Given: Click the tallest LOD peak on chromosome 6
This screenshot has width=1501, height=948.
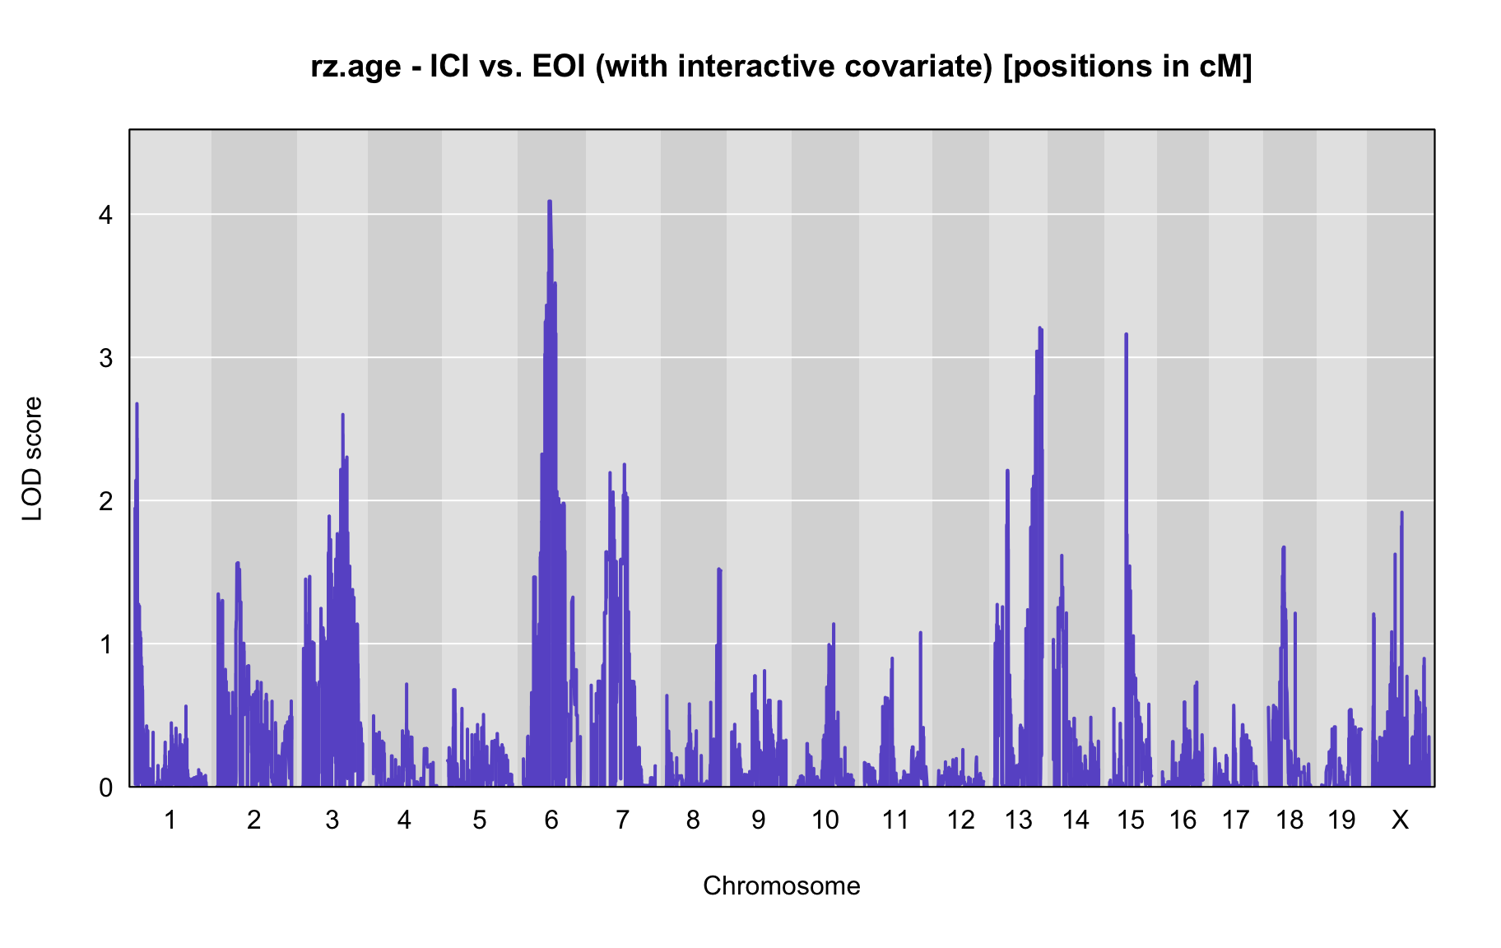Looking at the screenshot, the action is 549,202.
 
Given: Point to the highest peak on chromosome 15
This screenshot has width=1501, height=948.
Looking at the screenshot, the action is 1126,335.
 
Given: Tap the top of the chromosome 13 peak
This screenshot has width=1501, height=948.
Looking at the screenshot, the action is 1040,329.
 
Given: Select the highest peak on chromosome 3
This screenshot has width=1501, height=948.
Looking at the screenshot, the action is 342,416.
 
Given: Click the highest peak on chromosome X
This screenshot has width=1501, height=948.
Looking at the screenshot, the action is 1401,513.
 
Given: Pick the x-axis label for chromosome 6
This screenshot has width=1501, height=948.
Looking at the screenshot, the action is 551,820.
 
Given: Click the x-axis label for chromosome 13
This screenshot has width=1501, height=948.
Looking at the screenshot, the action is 1019,820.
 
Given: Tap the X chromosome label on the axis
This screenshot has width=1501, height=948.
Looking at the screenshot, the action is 1400,820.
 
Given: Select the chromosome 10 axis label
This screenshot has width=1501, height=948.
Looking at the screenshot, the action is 825,820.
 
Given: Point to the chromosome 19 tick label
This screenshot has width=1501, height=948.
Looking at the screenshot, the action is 1341,820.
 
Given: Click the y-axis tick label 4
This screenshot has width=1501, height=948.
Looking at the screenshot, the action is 105,215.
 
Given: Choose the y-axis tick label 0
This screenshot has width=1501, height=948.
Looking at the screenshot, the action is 105,788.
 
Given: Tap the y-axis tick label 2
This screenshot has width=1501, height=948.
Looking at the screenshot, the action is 105,501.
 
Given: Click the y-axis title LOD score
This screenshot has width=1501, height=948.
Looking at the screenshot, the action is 33,458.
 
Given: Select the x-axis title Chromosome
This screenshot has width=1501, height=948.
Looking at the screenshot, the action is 782,886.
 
